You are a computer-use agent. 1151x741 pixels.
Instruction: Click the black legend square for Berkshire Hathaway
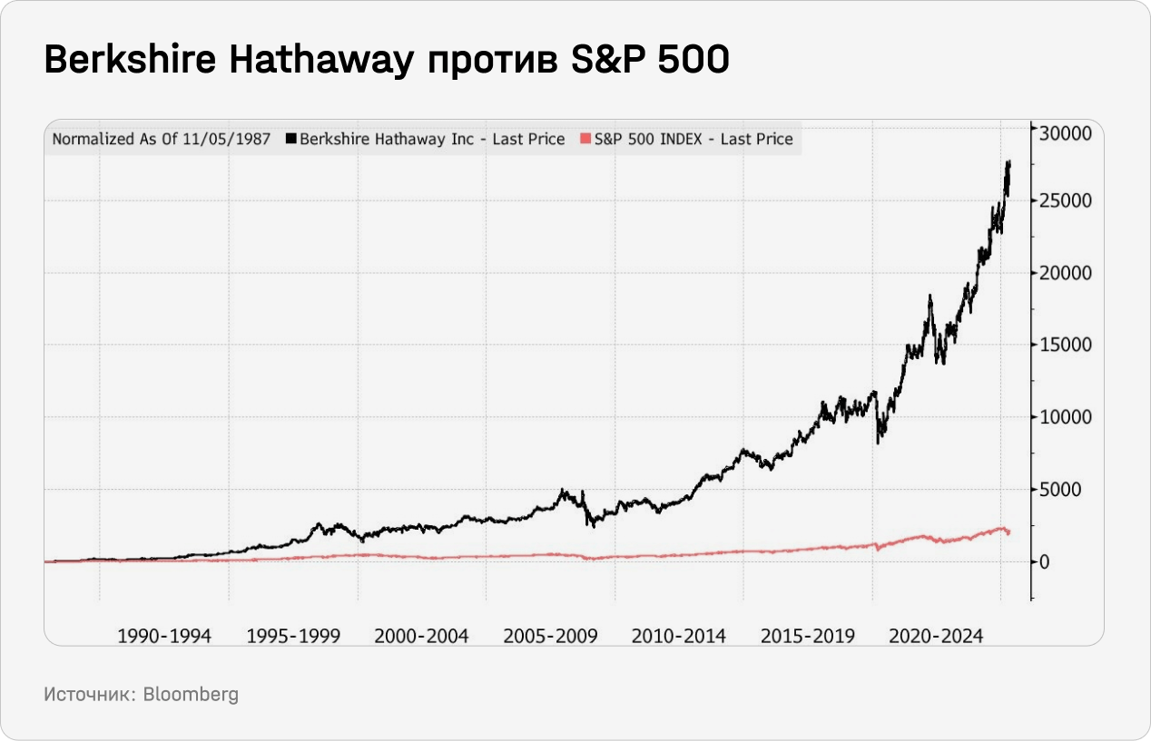[291, 139]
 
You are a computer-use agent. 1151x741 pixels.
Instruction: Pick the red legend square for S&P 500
[585, 139]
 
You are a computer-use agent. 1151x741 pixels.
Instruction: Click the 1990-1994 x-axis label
[164, 636]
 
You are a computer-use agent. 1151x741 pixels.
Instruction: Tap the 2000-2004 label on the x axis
[421, 636]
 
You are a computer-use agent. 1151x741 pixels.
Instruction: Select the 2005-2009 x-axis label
[550, 636]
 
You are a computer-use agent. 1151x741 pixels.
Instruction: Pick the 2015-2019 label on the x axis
[808, 636]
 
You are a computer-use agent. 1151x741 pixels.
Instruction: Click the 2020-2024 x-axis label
[936, 636]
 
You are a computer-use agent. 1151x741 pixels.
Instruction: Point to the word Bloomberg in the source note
[191, 695]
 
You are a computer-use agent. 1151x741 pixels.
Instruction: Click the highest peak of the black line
[1008, 162]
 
